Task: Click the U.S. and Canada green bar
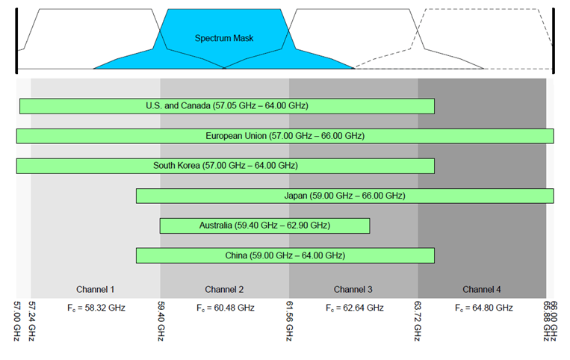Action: pos(227,106)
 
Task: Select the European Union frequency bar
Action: pos(285,136)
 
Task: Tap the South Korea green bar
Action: pos(226,166)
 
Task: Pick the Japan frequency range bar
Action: pos(344,196)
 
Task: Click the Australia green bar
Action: pos(264,226)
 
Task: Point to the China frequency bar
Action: pos(285,255)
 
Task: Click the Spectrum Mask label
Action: pos(224,38)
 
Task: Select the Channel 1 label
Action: pos(96,289)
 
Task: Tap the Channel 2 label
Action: pos(224,289)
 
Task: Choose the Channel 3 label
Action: pos(353,289)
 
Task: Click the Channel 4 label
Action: pos(482,289)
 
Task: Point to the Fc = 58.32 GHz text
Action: pos(96,308)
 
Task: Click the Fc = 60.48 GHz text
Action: pos(225,308)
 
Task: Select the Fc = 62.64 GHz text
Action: pos(354,308)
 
